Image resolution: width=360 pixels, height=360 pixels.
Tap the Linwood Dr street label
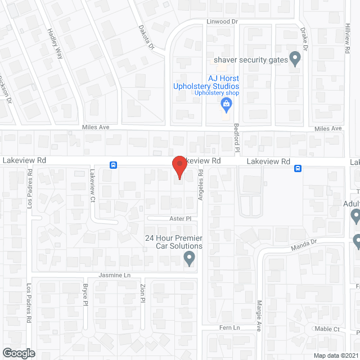pos(223,21)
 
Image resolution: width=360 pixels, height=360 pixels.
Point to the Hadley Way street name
pos(55,44)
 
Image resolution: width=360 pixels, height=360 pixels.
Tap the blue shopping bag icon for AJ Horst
pos(226,103)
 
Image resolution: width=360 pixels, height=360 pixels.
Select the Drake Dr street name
pos(304,40)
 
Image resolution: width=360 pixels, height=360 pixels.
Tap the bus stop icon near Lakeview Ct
pos(114,165)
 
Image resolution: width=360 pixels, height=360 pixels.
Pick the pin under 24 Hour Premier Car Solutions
pos(190,259)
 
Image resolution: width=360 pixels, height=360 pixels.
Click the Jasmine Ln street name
pos(115,275)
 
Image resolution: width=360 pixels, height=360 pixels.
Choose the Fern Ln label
pos(229,327)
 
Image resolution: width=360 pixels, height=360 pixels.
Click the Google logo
pos(18,353)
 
